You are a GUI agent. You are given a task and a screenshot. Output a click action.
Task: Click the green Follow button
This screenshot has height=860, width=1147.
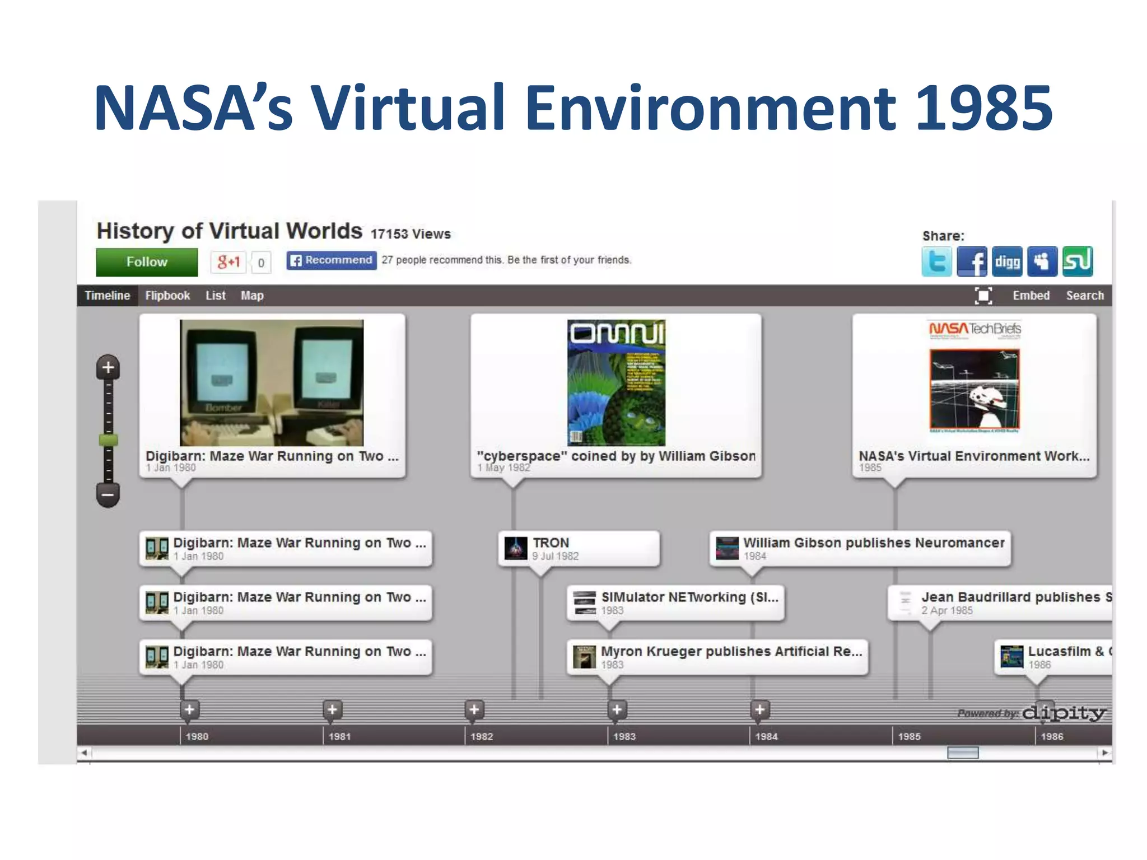147,262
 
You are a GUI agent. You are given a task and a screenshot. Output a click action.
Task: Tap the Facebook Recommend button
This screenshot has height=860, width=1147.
332,260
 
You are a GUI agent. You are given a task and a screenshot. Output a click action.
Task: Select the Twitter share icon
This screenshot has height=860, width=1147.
936,261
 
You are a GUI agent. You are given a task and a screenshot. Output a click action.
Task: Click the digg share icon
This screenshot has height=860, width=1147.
1007,261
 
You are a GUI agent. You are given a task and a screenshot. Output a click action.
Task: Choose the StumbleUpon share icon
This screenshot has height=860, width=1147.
1078,261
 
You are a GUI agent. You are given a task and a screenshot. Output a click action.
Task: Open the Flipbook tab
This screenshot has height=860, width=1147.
167,296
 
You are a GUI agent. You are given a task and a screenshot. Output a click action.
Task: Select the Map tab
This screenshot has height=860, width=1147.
252,296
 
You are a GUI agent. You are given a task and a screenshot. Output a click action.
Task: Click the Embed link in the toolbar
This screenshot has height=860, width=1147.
1031,296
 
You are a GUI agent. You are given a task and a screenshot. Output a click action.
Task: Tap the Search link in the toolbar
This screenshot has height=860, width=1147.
1085,296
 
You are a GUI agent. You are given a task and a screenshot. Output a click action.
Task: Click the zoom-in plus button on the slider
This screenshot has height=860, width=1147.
108,368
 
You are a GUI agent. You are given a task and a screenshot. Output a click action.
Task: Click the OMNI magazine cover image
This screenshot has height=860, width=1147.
616,383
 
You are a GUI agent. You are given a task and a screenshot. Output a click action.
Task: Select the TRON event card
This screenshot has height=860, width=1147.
579,549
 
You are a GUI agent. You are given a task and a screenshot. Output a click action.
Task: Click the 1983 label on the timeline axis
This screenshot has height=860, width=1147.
624,737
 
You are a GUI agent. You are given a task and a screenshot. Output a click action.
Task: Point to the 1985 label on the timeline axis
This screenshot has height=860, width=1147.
910,737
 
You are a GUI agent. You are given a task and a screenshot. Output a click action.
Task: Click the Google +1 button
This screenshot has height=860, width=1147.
229,262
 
